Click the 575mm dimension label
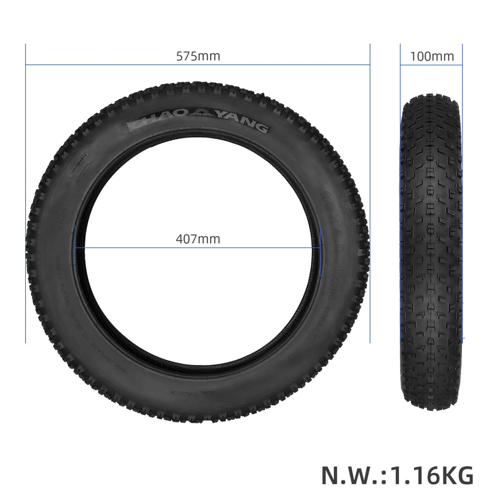[x=198, y=56]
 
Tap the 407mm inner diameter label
[x=198, y=238]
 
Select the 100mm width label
[x=432, y=56]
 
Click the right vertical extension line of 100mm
[x=462, y=201]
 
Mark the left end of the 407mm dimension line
[x=75, y=248]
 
